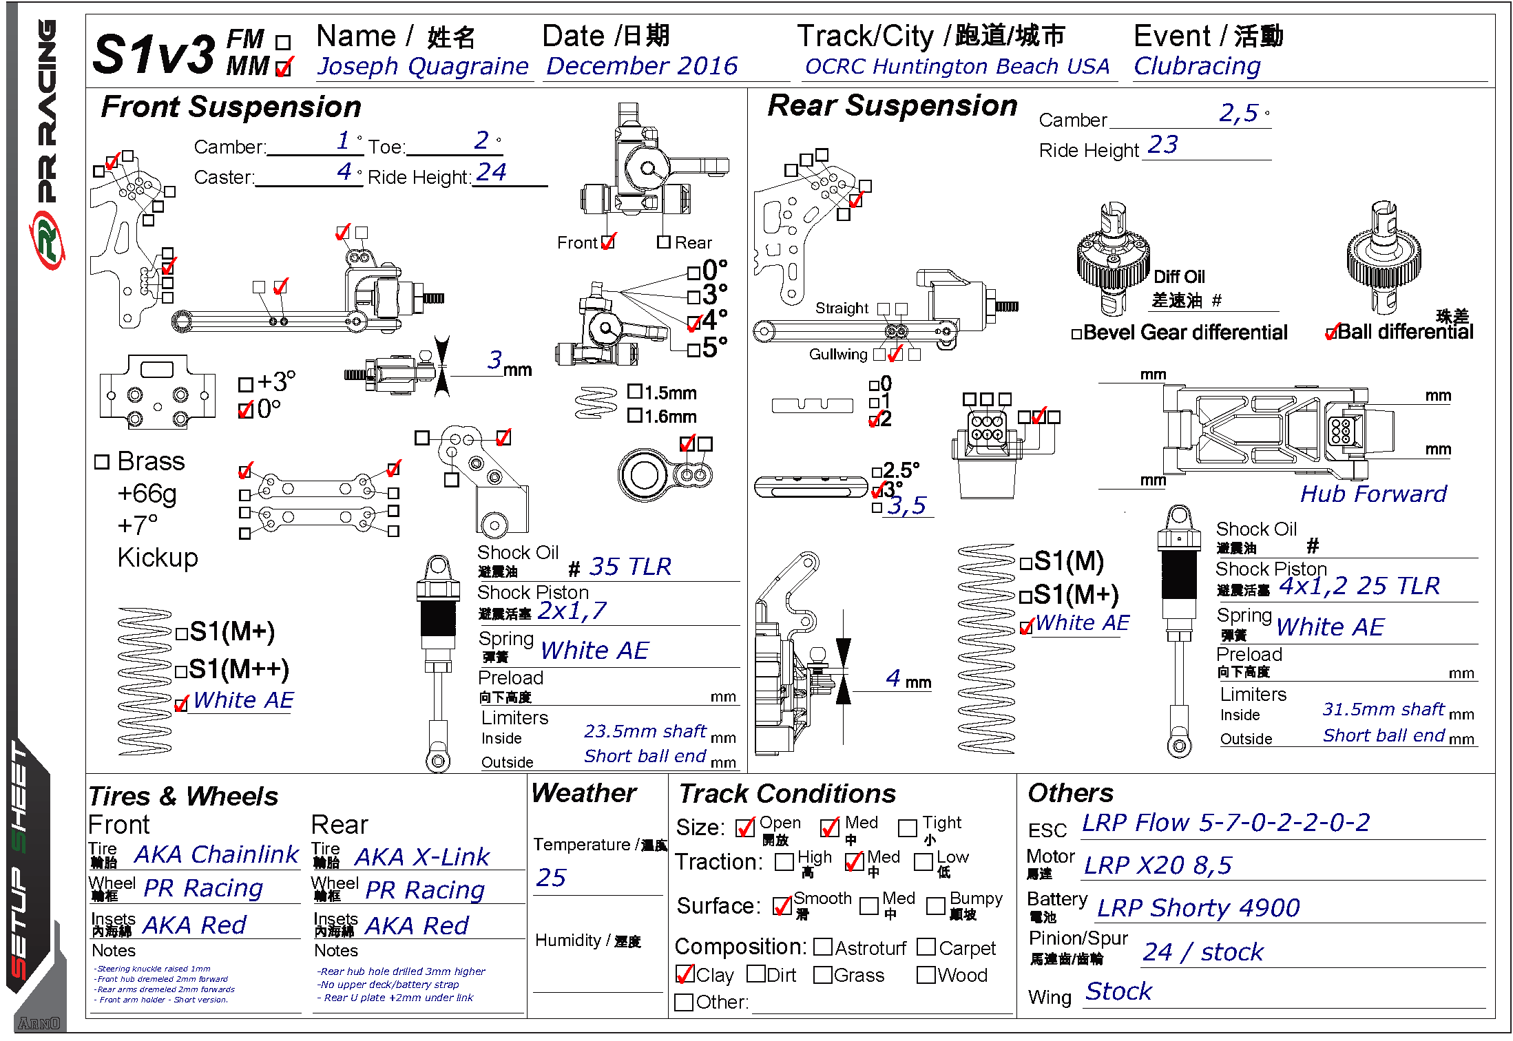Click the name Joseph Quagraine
point(422,67)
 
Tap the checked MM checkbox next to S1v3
point(282,68)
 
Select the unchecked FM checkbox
point(282,43)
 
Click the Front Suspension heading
point(231,107)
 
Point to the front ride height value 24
point(491,172)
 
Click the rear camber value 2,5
point(1238,114)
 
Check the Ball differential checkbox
point(1331,333)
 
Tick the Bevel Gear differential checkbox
point(1076,335)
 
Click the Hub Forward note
point(1373,494)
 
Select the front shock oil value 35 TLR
point(629,567)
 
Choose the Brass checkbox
point(102,462)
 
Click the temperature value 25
point(551,878)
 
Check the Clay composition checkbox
point(685,975)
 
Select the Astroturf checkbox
point(823,947)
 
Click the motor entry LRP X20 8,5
point(1157,865)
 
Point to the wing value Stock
point(1118,991)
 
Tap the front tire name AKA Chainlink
point(216,855)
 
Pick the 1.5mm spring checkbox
point(635,392)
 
